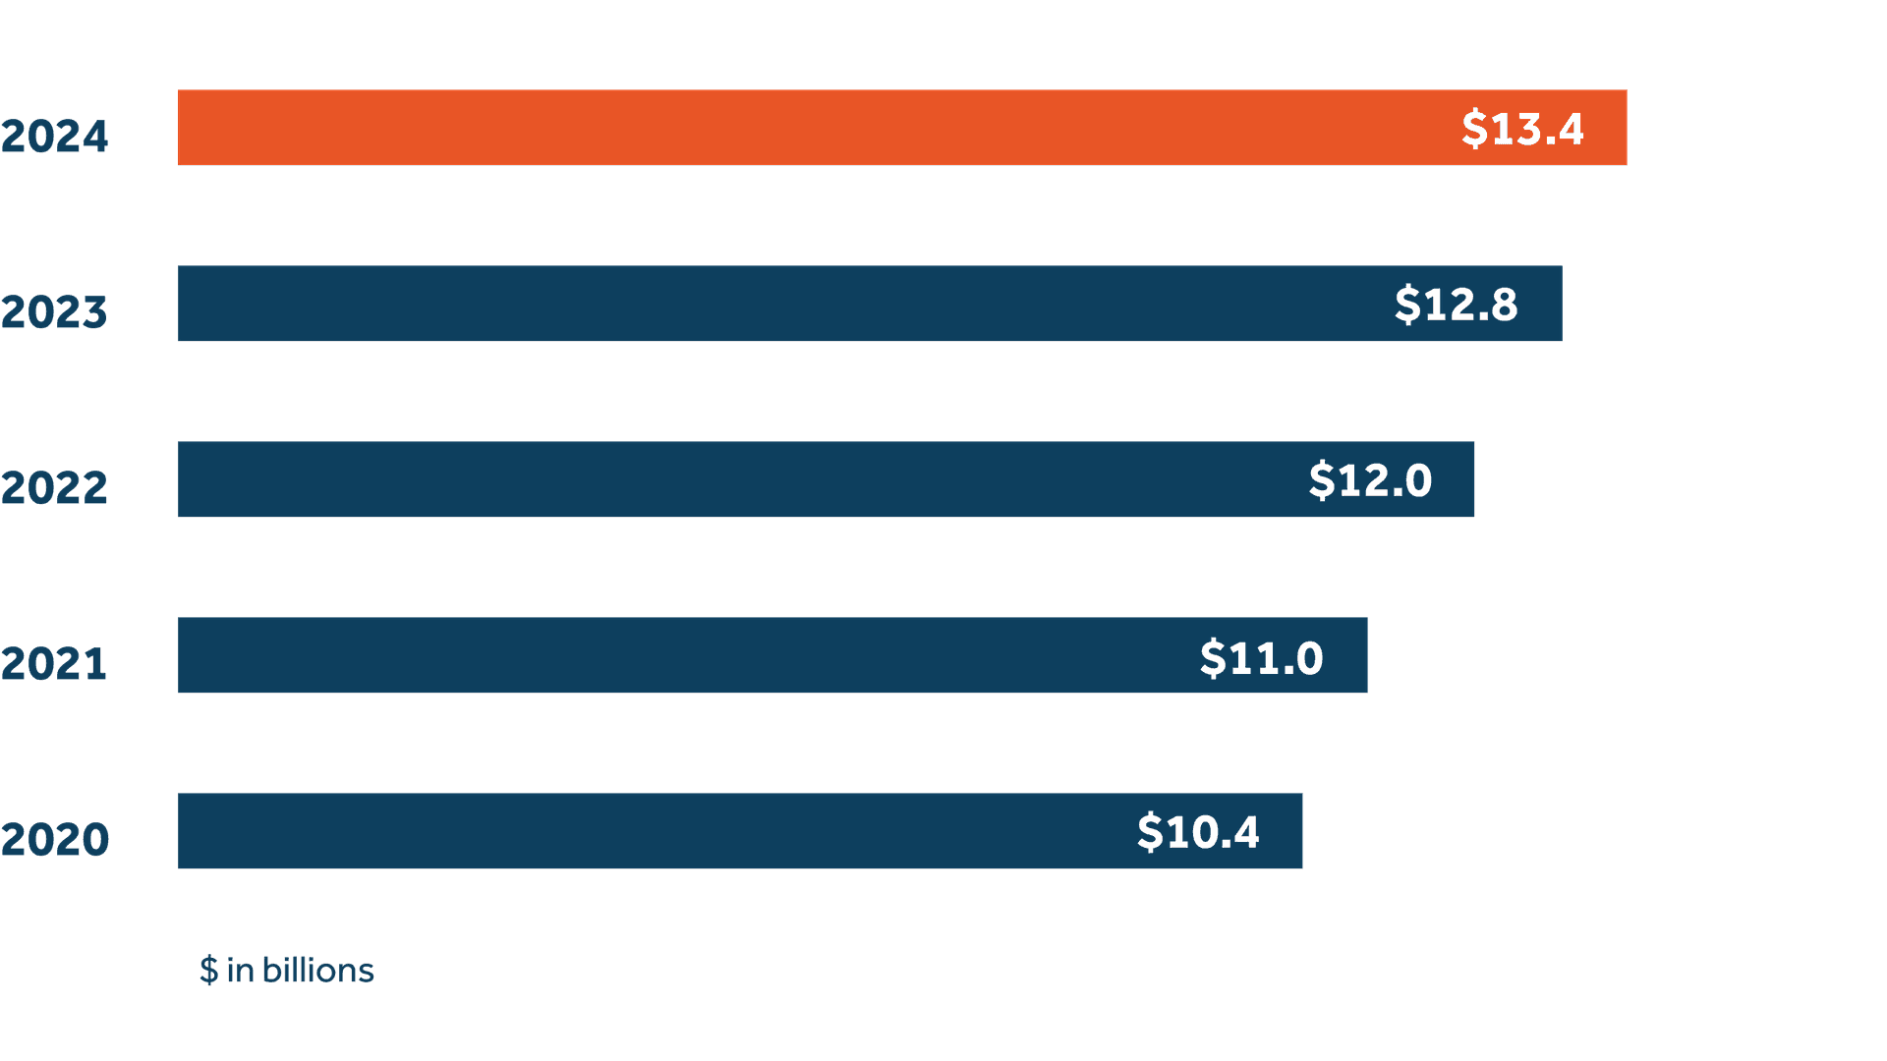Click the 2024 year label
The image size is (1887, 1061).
click(x=54, y=137)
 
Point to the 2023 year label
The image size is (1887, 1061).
click(x=54, y=312)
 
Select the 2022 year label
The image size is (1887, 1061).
click(x=54, y=488)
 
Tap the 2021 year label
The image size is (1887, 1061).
click(x=54, y=664)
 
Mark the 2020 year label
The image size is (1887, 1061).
click(x=54, y=840)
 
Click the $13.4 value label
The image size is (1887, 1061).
click(x=1522, y=129)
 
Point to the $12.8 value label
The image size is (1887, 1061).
click(x=1456, y=305)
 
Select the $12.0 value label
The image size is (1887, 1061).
click(x=1370, y=480)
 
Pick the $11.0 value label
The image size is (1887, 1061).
click(x=1261, y=657)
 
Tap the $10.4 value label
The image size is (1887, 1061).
click(x=1198, y=832)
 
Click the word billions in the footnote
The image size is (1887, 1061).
click(x=317, y=971)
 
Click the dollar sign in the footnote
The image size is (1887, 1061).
click(x=208, y=971)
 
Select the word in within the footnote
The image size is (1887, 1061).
click(x=241, y=971)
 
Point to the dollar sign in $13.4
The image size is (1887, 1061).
click(x=1474, y=129)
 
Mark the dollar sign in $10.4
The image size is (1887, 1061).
click(x=1150, y=832)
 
